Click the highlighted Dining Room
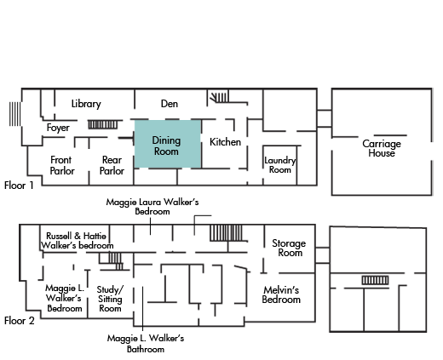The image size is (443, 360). [168, 144]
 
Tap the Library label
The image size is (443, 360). [86, 104]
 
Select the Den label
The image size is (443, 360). [170, 104]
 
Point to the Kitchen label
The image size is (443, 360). [225, 142]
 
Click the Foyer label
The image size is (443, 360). [58, 128]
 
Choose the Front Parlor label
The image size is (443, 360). [62, 165]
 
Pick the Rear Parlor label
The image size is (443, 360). [112, 165]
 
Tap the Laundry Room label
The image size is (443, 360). [280, 165]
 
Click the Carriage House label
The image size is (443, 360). [382, 148]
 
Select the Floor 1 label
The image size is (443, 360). [19, 186]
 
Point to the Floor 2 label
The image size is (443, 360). [20, 321]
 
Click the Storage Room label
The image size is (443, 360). [289, 248]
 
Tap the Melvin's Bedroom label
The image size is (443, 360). [281, 294]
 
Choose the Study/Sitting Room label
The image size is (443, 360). [110, 299]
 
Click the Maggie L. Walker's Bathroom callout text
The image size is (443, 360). [146, 344]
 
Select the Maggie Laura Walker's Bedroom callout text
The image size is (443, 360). [152, 207]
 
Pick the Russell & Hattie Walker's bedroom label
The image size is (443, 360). [77, 241]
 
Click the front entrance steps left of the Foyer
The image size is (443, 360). [14, 114]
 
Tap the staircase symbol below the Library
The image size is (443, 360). [102, 124]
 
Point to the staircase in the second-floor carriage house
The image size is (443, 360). [375, 280]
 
